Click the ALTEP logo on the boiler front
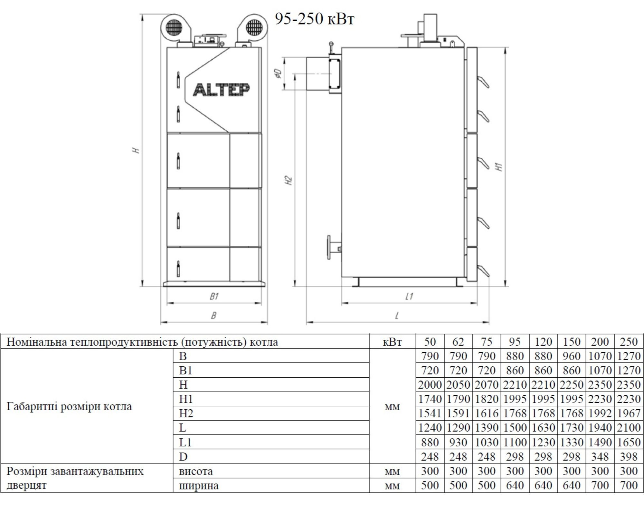pos(221,90)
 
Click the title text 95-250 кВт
pos(314,19)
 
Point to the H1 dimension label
pos(499,167)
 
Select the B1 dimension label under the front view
pos(214,296)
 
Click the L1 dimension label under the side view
pos(409,296)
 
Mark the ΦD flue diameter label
pos(279,74)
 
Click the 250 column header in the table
pos(628,342)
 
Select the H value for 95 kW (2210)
pos(515,385)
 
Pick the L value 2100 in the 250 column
pos(628,428)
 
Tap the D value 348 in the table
pos(600,457)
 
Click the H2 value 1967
pos(628,413)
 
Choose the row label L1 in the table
pos(185,442)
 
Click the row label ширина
pos(199,485)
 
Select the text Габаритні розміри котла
pos(69,406)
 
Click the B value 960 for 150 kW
pos(572,356)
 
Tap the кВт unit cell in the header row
pos(392,342)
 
